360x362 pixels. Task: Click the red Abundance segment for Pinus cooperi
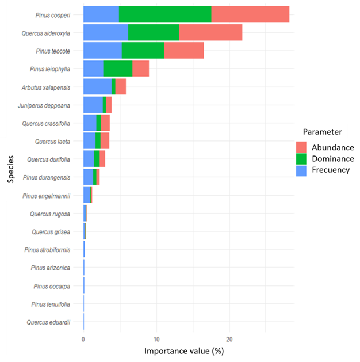[x=250, y=14]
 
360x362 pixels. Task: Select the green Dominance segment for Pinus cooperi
[x=165, y=14]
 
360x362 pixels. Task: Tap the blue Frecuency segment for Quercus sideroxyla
[x=105, y=33]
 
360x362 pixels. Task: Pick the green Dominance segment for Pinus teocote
[x=143, y=51]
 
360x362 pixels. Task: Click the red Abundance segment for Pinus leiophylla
[x=140, y=68]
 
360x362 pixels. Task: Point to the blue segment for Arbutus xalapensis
[x=97, y=87]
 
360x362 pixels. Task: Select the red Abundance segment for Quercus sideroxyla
[x=210, y=33]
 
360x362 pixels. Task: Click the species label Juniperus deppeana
[x=50, y=105]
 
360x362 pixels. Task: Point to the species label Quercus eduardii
[x=49, y=322]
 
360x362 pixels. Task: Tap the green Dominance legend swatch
[x=302, y=158]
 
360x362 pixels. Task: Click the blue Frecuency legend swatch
[x=302, y=169]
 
